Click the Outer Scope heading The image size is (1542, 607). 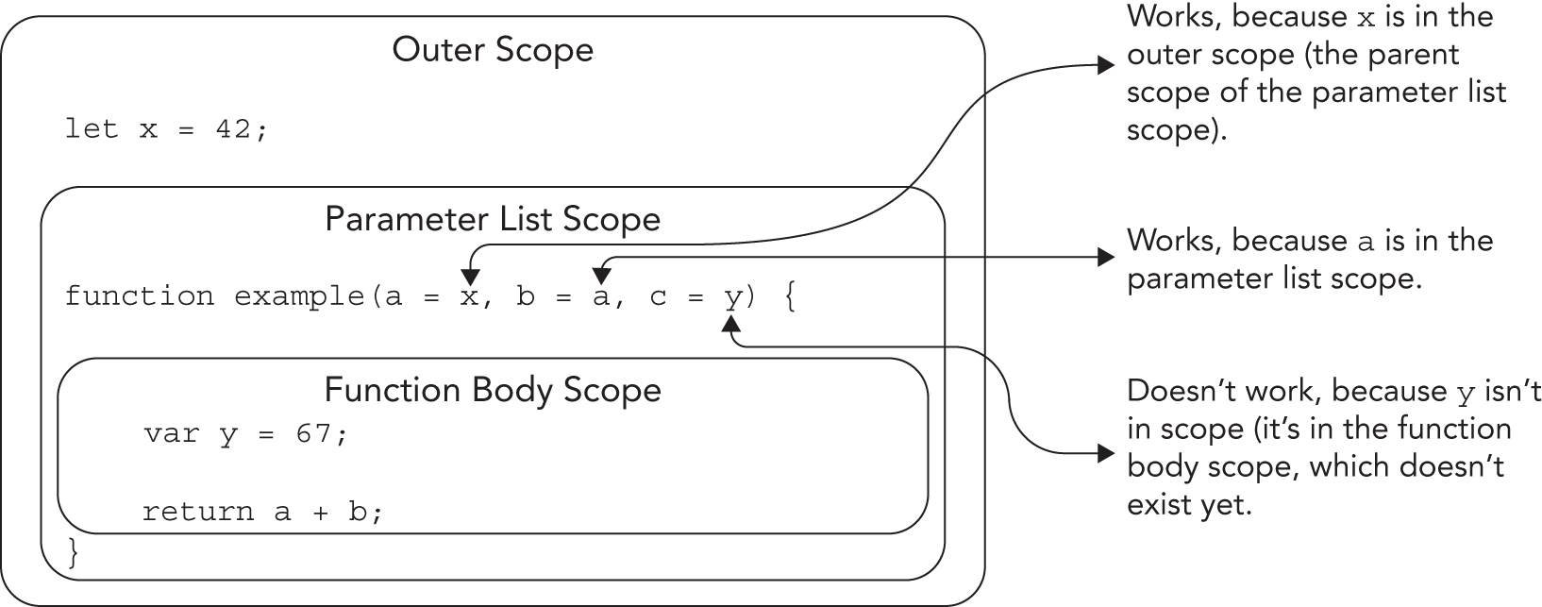pos(493,49)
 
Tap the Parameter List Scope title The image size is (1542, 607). pos(493,219)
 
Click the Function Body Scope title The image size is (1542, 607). pos(493,389)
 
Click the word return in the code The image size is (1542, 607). pos(198,512)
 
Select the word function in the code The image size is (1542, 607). pos(140,296)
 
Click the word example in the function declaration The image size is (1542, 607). pos(298,296)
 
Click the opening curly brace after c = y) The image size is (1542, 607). pos(790,298)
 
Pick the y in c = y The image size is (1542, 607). pos(732,298)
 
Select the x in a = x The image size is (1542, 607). pos(469,296)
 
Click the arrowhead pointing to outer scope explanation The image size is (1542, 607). pos(1106,65)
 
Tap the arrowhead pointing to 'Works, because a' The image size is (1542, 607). pos(1106,257)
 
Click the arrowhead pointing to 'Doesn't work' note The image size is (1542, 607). pos(1106,454)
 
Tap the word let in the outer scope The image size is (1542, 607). pos(92,129)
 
